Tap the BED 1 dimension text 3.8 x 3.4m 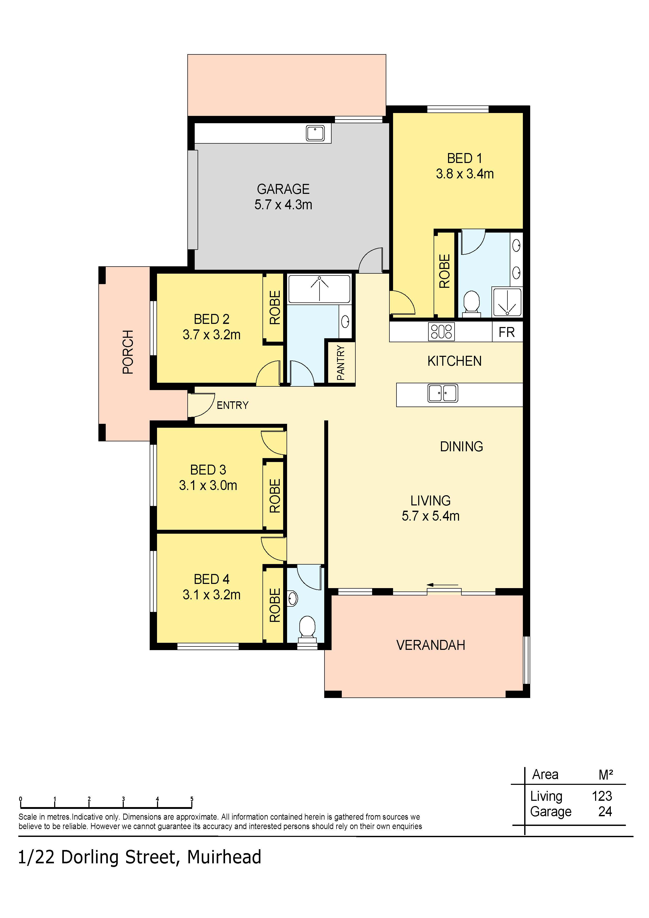pyautogui.click(x=465, y=174)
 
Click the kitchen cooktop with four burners pyautogui.click(x=441, y=331)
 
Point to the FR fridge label pyautogui.click(x=507, y=332)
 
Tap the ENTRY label pyautogui.click(x=232, y=406)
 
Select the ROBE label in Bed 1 pyautogui.click(x=445, y=271)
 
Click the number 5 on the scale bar pyautogui.click(x=192, y=799)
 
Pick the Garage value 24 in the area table pyautogui.click(x=605, y=811)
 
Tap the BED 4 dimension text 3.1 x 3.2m pyautogui.click(x=211, y=595)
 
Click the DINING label pyautogui.click(x=461, y=446)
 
